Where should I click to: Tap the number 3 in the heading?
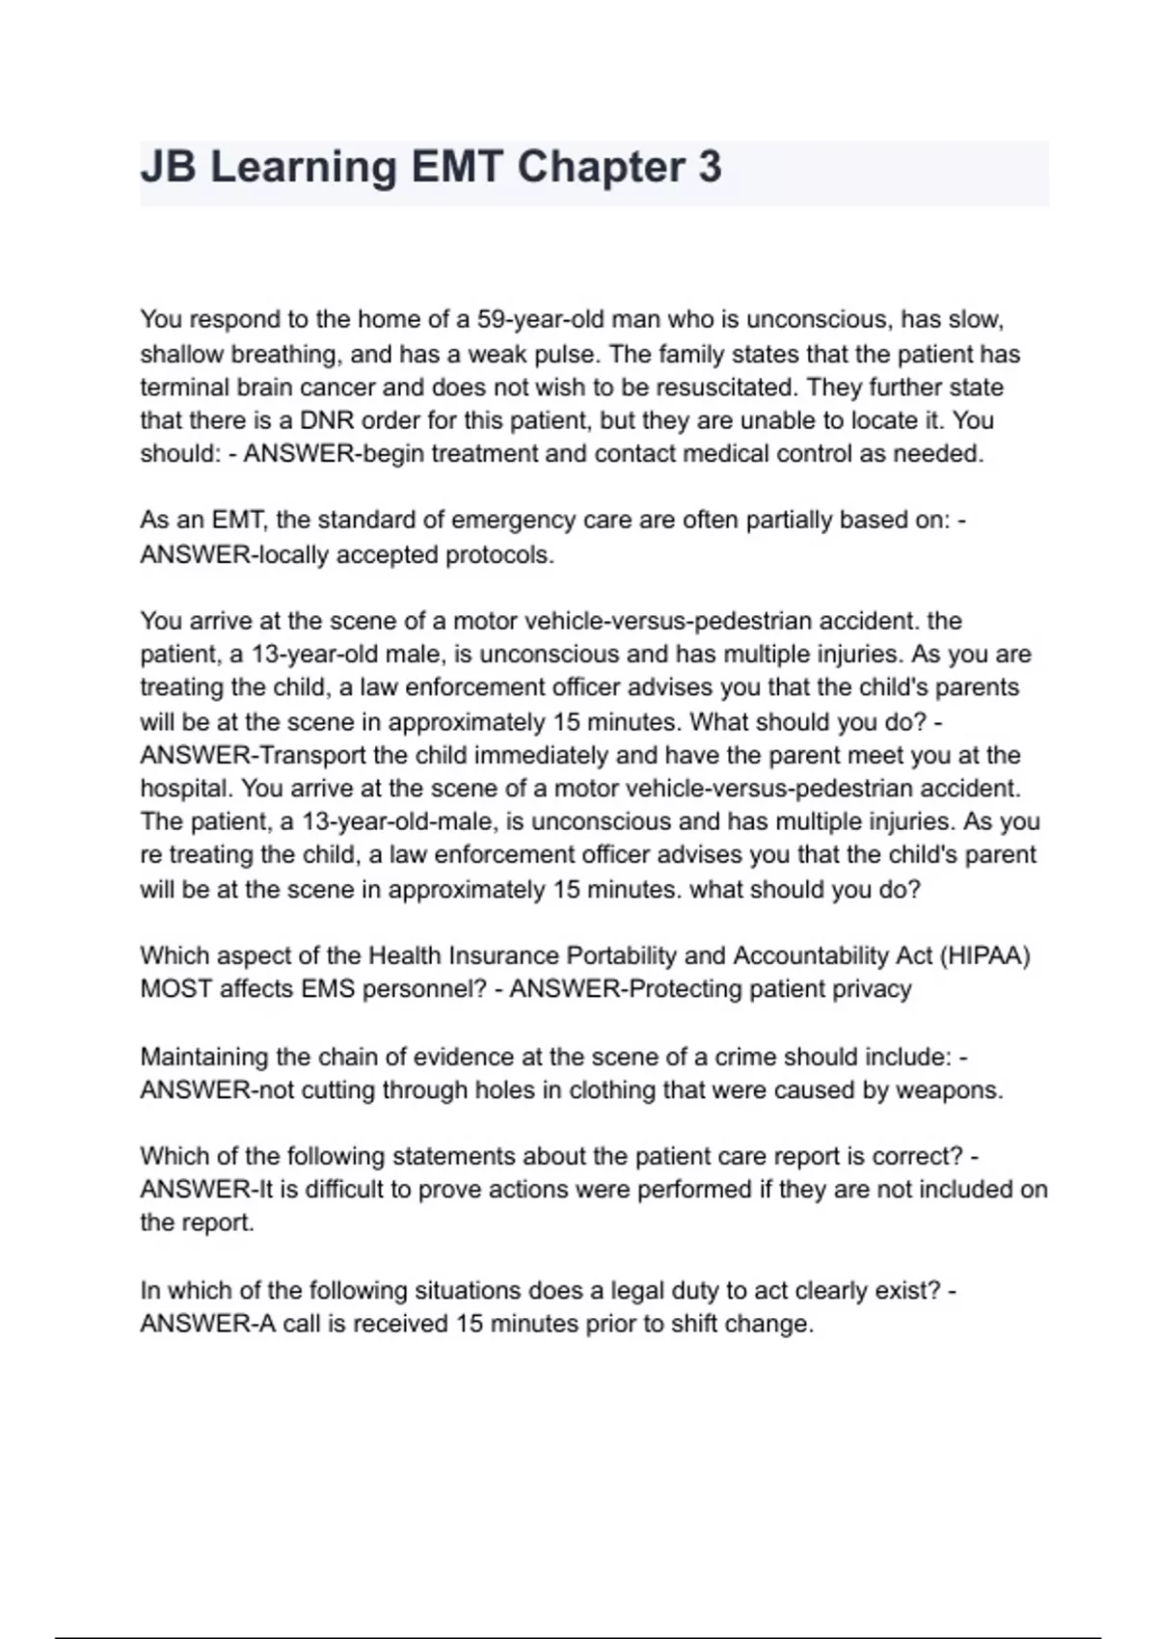(709, 168)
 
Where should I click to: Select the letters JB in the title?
(168, 168)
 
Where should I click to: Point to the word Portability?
(625, 955)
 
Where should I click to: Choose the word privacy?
(868, 989)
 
